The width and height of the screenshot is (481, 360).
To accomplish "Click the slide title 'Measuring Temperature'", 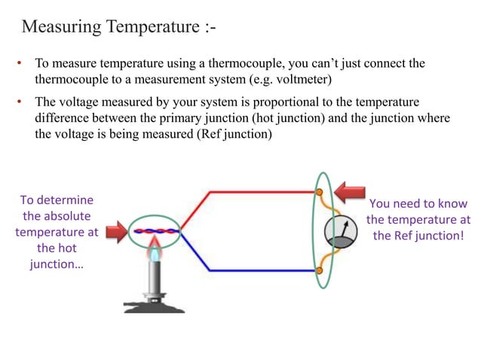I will [113, 27].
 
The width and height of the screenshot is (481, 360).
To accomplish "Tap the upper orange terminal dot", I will [319, 192].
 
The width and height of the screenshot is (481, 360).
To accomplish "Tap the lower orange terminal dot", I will [319, 270].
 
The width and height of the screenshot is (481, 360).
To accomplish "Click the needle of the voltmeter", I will [345, 227].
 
